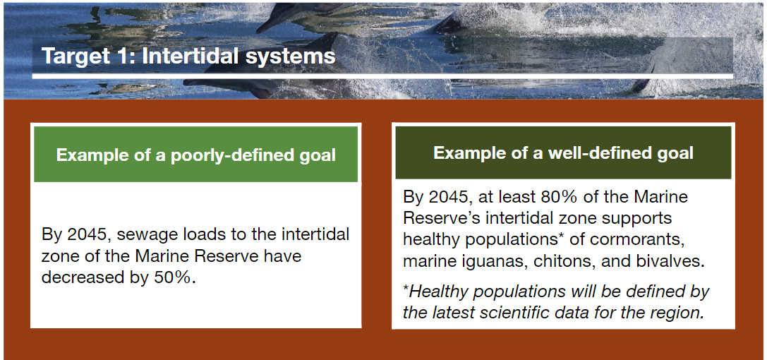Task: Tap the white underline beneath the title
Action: [382, 76]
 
